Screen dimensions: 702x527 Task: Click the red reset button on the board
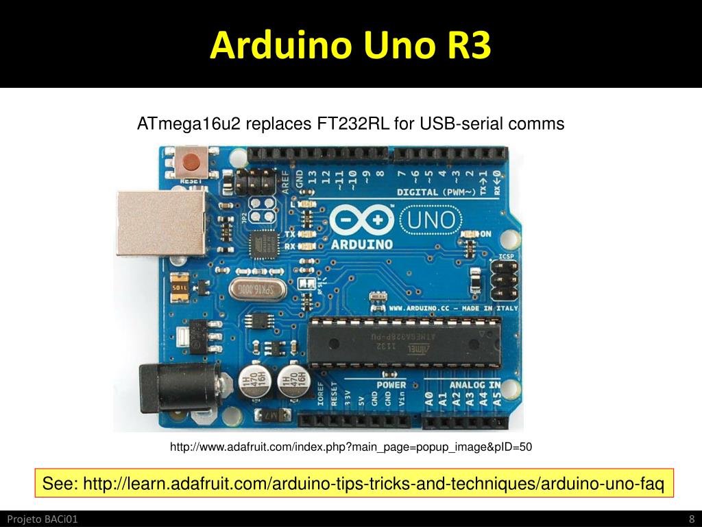(x=190, y=163)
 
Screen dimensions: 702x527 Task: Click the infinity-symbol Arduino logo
(x=361, y=220)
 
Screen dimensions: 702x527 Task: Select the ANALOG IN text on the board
(x=475, y=385)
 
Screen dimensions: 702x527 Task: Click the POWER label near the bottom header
(x=391, y=385)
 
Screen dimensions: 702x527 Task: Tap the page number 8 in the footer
(x=692, y=519)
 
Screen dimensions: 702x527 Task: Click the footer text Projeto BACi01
(x=43, y=519)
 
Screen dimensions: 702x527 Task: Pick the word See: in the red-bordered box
(x=60, y=483)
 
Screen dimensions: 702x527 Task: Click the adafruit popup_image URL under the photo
(x=350, y=447)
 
